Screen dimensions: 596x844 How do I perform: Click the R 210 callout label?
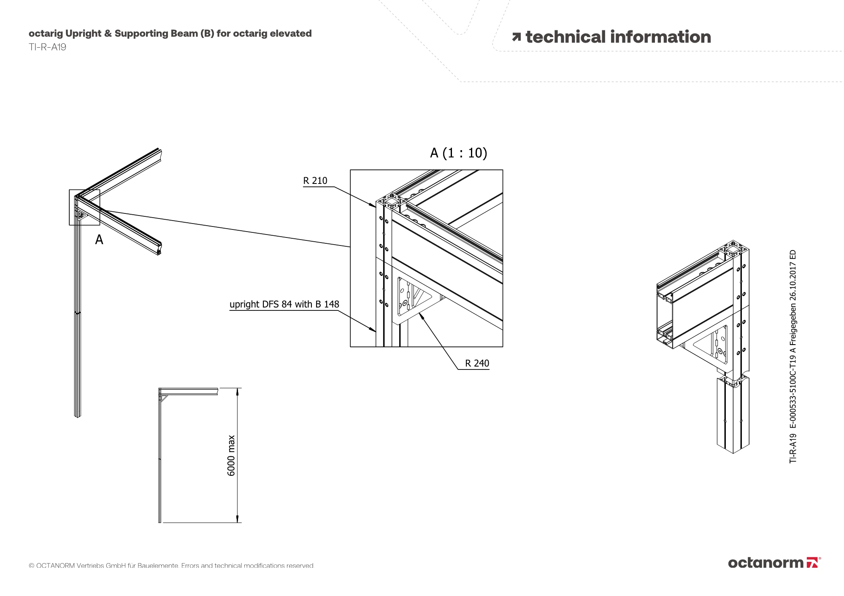315,181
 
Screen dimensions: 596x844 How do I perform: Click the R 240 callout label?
477,363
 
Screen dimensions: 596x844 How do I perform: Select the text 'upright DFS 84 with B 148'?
284,304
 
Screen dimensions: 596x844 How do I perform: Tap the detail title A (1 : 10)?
458,153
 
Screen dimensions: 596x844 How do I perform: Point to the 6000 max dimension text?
231,456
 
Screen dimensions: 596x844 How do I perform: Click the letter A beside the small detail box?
99,240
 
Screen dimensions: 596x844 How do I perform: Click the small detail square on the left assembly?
84,207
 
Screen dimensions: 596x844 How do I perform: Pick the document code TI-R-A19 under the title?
47,47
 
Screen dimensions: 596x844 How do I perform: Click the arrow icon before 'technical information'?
516,37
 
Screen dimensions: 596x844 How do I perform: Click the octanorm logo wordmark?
766,563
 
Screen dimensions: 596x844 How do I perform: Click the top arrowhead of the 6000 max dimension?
238,391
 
